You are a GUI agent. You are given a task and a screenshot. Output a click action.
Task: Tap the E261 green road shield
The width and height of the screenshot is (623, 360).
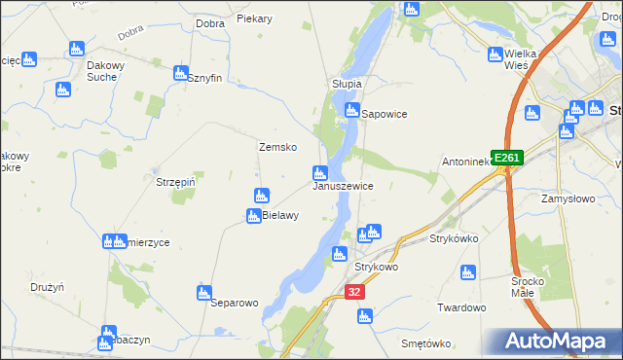pos(507,158)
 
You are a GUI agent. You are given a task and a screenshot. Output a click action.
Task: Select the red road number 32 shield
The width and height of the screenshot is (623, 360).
pos(354,291)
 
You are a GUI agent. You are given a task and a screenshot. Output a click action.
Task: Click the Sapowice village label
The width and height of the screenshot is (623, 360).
pos(384,114)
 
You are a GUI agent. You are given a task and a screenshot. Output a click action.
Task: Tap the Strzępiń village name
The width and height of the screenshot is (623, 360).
pos(176,181)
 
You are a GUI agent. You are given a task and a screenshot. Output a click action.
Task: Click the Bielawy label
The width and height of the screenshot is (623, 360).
pos(280,215)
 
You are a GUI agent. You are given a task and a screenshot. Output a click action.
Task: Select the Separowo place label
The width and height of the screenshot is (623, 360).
pos(235,303)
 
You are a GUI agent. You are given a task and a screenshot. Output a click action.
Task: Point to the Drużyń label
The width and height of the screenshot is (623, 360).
pos(47,287)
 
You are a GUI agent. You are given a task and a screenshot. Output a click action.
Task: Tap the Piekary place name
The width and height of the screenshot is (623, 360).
pos(254,19)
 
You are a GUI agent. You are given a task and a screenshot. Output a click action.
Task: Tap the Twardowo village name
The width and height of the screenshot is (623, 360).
pos(461,307)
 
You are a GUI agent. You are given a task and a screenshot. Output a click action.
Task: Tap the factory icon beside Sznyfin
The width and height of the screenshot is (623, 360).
pos(180,72)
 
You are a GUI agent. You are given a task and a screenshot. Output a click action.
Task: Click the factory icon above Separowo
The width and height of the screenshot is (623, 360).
pos(204,292)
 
